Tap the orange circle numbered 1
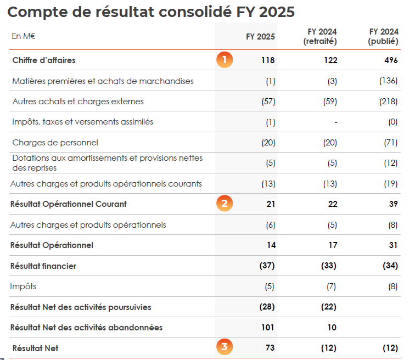[x=224, y=60]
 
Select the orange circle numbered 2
[x=224, y=204]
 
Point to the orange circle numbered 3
[x=224, y=347]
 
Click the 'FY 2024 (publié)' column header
[x=383, y=36]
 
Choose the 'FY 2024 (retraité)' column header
[x=321, y=36]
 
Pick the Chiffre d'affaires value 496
[x=391, y=60]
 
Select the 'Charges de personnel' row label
[x=55, y=143]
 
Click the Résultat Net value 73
[x=270, y=348]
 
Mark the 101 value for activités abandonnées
[x=267, y=328]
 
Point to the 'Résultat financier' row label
[x=43, y=266]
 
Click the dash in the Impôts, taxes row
[x=335, y=122]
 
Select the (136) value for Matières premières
[x=388, y=81]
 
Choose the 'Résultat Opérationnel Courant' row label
[x=69, y=204]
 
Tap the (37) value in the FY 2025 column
[x=267, y=266]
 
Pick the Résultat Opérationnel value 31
[x=392, y=245]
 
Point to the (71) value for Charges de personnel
[x=390, y=143]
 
